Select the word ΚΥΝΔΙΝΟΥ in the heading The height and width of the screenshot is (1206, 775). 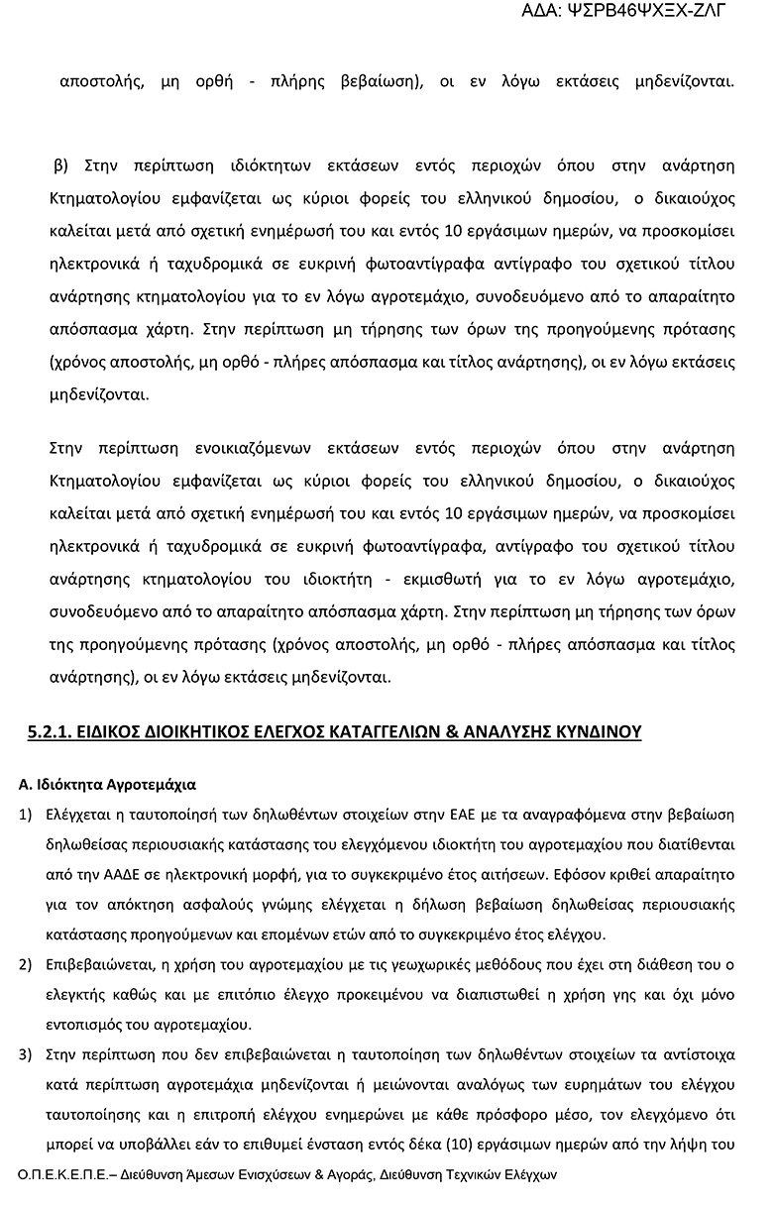[x=594, y=732]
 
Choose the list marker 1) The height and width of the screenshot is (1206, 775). [x=27, y=815]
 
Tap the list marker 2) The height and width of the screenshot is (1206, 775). [x=27, y=963]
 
